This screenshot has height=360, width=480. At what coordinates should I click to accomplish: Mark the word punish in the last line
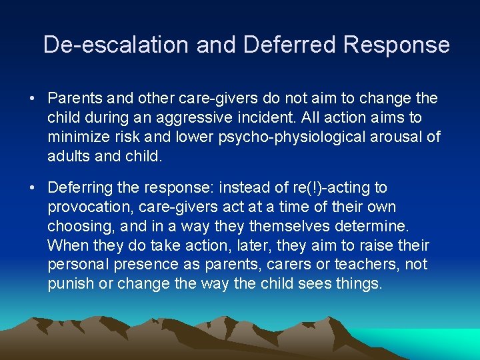(69, 284)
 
